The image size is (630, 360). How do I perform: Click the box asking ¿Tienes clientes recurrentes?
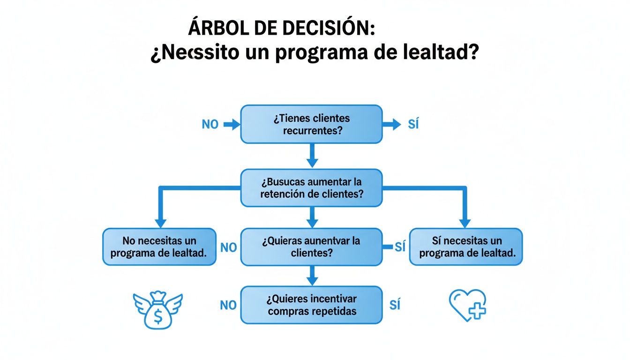[x=311, y=124]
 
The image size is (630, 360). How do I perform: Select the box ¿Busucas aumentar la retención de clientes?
[x=311, y=187]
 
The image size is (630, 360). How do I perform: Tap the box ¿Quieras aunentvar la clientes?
[x=311, y=247]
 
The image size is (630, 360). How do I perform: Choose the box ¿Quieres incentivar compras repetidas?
[x=311, y=305]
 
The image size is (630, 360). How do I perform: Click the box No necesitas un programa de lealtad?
[x=159, y=247]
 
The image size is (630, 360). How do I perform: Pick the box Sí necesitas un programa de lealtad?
[x=466, y=247]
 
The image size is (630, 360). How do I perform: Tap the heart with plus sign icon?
[x=468, y=305]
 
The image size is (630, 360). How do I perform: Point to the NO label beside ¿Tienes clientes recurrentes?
[x=210, y=125]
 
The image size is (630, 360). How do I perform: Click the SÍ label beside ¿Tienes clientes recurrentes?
[x=413, y=125]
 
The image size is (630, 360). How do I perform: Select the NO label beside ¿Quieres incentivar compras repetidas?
[x=228, y=305]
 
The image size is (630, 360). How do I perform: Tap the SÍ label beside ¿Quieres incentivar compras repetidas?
[x=395, y=305]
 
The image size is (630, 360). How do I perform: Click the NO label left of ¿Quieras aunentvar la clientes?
[x=228, y=247]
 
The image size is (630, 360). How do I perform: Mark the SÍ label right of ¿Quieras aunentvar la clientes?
[x=399, y=247]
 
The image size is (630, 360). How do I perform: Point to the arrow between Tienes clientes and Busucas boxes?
[x=312, y=156]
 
